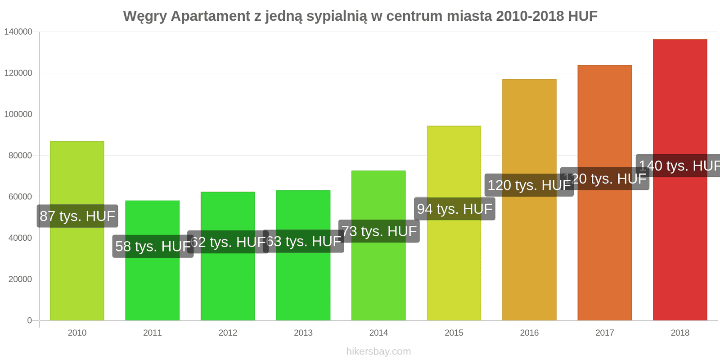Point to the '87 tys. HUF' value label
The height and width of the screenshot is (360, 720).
click(x=77, y=216)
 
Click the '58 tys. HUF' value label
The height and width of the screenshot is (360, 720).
click(x=153, y=246)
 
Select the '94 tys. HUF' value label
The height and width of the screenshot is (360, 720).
click(x=454, y=209)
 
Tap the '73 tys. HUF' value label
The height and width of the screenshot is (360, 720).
click(x=379, y=231)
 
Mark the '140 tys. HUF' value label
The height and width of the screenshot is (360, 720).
click(x=679, y=166)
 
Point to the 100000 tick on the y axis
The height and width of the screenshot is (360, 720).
click(x=18, y=114)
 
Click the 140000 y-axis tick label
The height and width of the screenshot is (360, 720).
click(x=18, y=32)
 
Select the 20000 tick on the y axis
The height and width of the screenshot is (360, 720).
click(x=20, y=279)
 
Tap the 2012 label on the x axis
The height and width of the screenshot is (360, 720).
click(x=228, y=333)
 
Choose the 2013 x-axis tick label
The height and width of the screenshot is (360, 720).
click(x=303, y=333)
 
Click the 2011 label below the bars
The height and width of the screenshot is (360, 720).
click(x=153, y=333)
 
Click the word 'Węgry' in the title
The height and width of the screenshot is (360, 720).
click(x=144, y=16)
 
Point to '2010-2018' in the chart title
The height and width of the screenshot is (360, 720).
click(x=530, y=16)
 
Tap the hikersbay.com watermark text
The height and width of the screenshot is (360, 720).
click(x=378, y=351)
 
